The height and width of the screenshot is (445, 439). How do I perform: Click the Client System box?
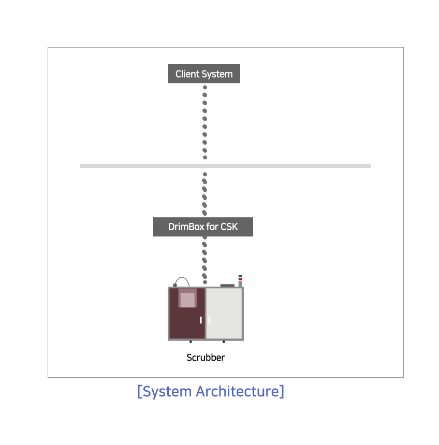pyautogui.click(x=204, y=74)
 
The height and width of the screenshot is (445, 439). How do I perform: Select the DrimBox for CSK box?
pyautogui.click(x=203, y=227)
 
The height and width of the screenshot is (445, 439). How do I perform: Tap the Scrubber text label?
pyautogui.click(x=206, y=358)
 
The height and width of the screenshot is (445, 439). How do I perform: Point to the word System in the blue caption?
pyautogui.click(x=167, y=392)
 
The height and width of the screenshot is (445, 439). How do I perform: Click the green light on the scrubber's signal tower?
pyautogui.click(x=240, y=276)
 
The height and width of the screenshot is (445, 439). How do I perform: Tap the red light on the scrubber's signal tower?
pyautogui.click(x=240, y=279)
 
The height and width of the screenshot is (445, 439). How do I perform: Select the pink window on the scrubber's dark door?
pyautogui.click(x=187, y=298)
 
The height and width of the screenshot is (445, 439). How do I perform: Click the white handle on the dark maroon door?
pyautogui.click(x=201, y=320)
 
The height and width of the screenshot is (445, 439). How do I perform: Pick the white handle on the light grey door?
pyautogui.click(x=210, y=320)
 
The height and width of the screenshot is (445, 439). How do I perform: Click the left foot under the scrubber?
pyautogui.click(x=191, y=342)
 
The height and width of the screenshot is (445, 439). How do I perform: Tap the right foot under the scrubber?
pyautogui.click(x=224, y=342)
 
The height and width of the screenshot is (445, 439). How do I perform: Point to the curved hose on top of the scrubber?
pyautogui.click(x=182, y=278)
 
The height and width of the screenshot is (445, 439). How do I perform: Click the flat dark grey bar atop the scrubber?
pyautogui.click(x=227, y=286)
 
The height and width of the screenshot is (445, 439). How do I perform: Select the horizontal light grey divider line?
pyautogui.click(x=226, y=166)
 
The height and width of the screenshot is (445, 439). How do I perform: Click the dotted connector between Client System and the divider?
pyautogui.click(x=204, y=122)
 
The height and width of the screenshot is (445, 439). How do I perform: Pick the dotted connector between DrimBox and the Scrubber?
pyautogui.click(x=204, y=260)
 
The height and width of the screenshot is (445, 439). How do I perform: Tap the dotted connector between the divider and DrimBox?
pyautogui.click(x=204, y=194)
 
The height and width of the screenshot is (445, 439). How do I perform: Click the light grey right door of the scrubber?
pyautogui.click(x=224, y=314)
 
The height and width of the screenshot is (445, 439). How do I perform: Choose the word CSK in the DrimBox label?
pyautogui.click(x=229, y=227)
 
